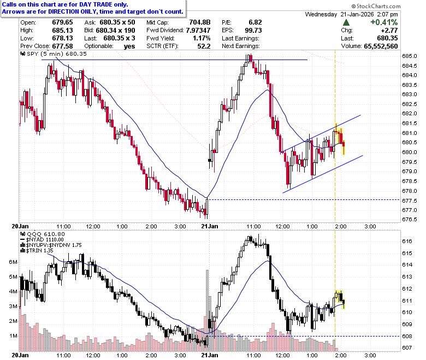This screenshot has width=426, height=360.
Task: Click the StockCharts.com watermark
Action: click(376, 6)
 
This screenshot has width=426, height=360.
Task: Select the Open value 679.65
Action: click(62, 22)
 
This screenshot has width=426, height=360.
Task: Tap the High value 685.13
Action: click(62, 30)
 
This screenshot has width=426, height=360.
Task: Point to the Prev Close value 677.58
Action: click(62, 46)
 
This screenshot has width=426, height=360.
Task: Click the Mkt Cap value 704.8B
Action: click(200, 22)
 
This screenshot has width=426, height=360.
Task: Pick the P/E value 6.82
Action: click(255, 22)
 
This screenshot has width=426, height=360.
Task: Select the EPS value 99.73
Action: click(253, 30)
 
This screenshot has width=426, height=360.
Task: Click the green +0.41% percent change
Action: click(384, 22)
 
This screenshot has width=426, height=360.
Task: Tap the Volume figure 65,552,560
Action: click(381, 46)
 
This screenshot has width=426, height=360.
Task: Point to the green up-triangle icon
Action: click(346, 22)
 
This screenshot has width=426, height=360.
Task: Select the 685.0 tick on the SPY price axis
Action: click(410, 56)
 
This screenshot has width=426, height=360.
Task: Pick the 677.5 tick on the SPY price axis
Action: click(410, 200)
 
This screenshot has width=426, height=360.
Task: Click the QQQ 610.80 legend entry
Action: click(43, 234)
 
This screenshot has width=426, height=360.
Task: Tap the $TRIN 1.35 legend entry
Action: click(37, 251)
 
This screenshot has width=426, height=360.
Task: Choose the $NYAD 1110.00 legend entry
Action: click(42, 240)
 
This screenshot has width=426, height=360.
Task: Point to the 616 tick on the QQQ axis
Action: click(407, 241)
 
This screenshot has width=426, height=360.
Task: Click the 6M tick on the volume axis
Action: click(13, 262)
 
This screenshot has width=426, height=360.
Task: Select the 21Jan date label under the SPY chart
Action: click(210, 226)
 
